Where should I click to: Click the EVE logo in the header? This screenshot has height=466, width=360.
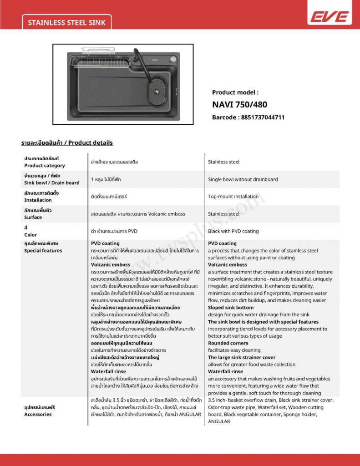point(329,17)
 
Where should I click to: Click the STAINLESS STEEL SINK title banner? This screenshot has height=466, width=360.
point(66,22)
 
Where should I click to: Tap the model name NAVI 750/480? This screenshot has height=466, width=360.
point(239,104)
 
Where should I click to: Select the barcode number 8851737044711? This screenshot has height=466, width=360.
point(248,117)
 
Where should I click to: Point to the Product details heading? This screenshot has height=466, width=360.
point(67,143)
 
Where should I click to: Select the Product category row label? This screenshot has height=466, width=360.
point(45,162)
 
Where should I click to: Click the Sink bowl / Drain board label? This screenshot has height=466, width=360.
point(51,179)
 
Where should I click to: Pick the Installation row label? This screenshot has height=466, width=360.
point(41,197)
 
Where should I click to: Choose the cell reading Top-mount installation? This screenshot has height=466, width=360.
point(233,197)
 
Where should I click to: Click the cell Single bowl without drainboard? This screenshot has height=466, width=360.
point(243,179)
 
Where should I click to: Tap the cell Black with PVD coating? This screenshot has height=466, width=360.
point(233,231)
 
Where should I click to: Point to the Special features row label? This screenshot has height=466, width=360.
point(43,247)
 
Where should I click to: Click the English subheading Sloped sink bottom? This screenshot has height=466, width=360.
point(231,308)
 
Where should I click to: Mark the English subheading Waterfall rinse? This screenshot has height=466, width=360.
point(225,372)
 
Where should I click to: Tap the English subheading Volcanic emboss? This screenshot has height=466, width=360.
point(228,265)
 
